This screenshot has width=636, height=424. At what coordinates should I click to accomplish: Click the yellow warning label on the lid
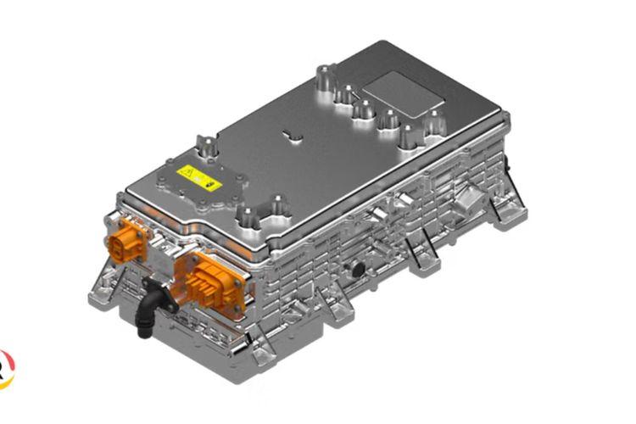click(x=199, y=179)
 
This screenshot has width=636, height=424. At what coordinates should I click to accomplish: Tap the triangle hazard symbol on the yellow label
click(x=189, y=176)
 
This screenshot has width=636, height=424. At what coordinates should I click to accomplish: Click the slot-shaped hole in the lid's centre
click(x=290, y=136)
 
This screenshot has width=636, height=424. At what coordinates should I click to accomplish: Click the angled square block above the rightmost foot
click(x=468, y=202)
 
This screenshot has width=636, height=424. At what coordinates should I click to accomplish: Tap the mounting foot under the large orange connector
click(x=254, y=349)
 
